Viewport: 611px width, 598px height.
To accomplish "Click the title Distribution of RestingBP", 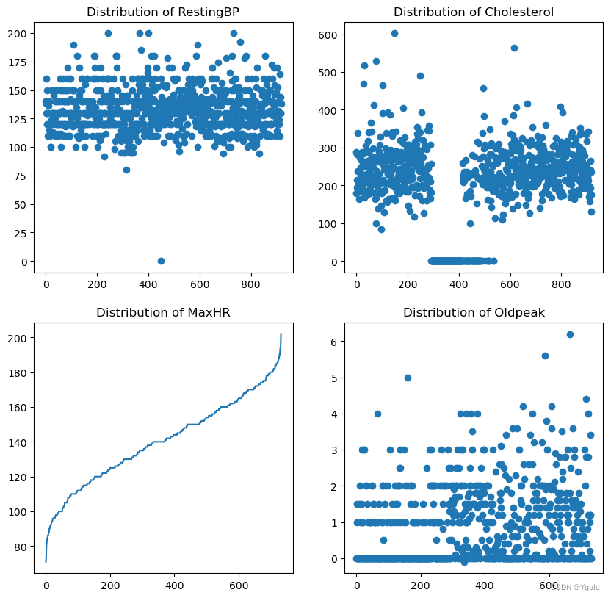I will tap(163, 12).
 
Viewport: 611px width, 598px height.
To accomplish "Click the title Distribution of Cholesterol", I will tap(474, 12).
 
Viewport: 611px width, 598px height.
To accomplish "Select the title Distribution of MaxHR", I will tap(163, 313).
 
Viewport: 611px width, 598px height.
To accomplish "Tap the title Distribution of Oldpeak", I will tap(474, 313).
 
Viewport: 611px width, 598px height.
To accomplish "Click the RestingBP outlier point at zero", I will tap(161, 261).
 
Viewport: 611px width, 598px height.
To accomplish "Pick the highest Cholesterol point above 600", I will tap(394, 33).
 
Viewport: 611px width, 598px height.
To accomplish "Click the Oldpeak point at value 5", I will tap(408, 378).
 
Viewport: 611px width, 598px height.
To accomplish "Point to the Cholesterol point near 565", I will tap(514, 48).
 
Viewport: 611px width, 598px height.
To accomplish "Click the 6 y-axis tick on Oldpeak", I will tap(333, 342).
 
